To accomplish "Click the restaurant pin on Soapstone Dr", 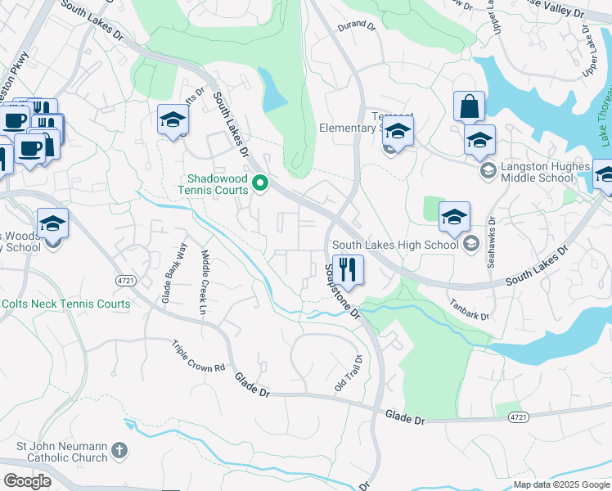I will coord(348,269).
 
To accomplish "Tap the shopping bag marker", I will coord(469,106).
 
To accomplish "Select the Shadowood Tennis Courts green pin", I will coord(261,182).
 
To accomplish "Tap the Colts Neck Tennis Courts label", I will coord(65,304).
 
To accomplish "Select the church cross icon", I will coord(119,451).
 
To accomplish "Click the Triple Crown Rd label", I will coord(198,357).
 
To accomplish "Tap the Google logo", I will coord(27,481).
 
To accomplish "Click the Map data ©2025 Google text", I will coord(560,484).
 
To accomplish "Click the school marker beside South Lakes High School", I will coord(454,217).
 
